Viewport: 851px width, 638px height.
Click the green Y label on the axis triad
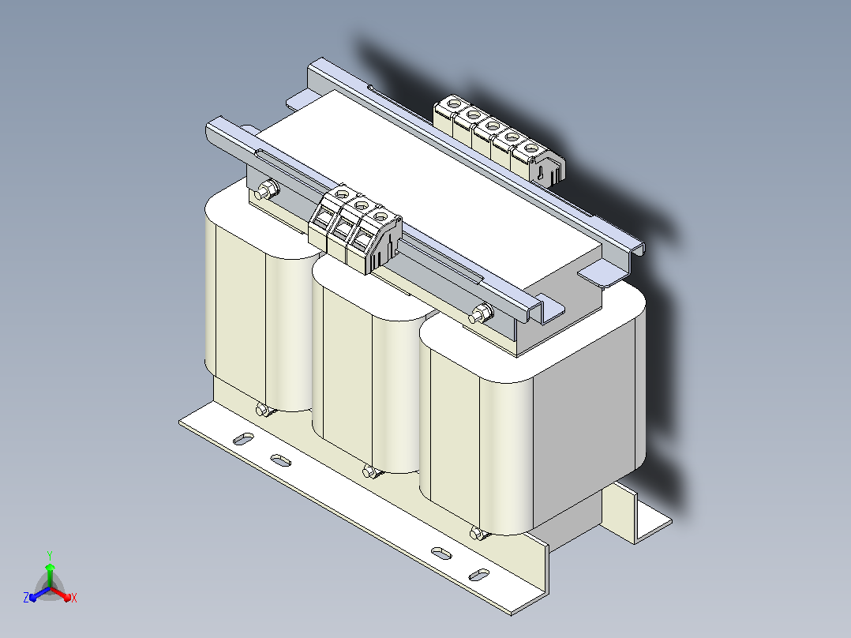click(x=50, y=555)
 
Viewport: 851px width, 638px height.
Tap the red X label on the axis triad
click(x=74, y=598)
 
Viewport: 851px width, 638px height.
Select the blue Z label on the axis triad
click(x=26, y=597)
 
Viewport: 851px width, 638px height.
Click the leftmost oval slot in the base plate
click(x=244, y=438)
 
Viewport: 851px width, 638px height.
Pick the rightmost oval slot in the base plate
click(x=478, y=575)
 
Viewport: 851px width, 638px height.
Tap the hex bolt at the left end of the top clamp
click(x=266, y=190)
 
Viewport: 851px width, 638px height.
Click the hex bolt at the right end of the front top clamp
click(x=481, y=313)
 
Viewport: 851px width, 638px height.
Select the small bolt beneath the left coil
click(x=263, y=410)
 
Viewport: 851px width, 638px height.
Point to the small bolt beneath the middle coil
click(x=370, y=471)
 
